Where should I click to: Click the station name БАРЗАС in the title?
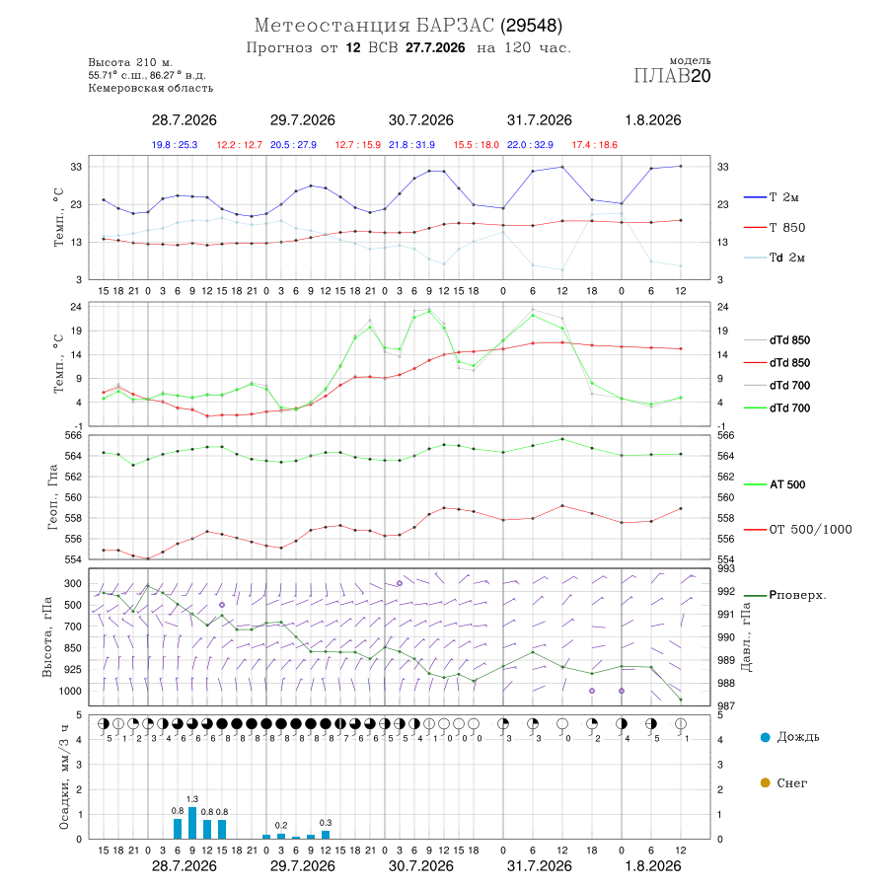click(455, 26)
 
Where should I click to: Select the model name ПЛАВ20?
click(672, 76)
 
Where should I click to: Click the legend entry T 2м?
click(783, 197)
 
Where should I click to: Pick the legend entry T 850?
click(786, 228)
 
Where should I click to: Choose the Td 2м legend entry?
click(786, 258)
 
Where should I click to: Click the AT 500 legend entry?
click(787, 484)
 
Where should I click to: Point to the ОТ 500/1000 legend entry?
click(810, 530)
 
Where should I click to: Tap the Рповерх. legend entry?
click(797, 595)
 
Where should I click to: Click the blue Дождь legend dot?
click(765, 737)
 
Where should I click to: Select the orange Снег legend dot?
click(765, 783)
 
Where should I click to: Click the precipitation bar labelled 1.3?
click(192, 823)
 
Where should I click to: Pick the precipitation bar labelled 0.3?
click(326, 835)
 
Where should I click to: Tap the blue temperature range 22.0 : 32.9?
click(530, 145)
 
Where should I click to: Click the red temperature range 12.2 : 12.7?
click(239, 145)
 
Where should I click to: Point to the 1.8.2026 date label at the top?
click(652, 120)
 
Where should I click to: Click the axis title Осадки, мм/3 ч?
click(64, 777)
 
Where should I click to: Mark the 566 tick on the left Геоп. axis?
click(74, 435)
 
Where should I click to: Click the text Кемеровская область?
click(151, 89)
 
